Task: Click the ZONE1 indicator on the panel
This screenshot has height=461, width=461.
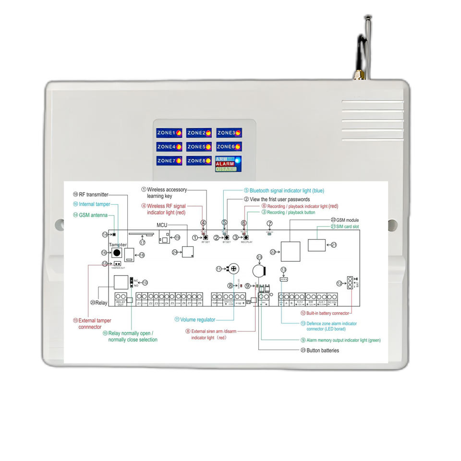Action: click(169, 133)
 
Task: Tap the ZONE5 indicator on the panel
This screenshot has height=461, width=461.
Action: click(199, 146)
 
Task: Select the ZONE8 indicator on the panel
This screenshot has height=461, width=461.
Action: click(199, 161)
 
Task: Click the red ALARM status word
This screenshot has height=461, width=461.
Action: click(225, 164)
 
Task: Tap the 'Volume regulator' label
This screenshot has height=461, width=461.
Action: click(197, 319)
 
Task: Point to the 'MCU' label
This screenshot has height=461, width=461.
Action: click(162, 225)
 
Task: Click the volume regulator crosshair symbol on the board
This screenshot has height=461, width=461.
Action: click(234, 269)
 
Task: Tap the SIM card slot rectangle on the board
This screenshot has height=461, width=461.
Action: click(316, 245)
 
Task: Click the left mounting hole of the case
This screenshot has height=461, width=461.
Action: click(59, 224)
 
